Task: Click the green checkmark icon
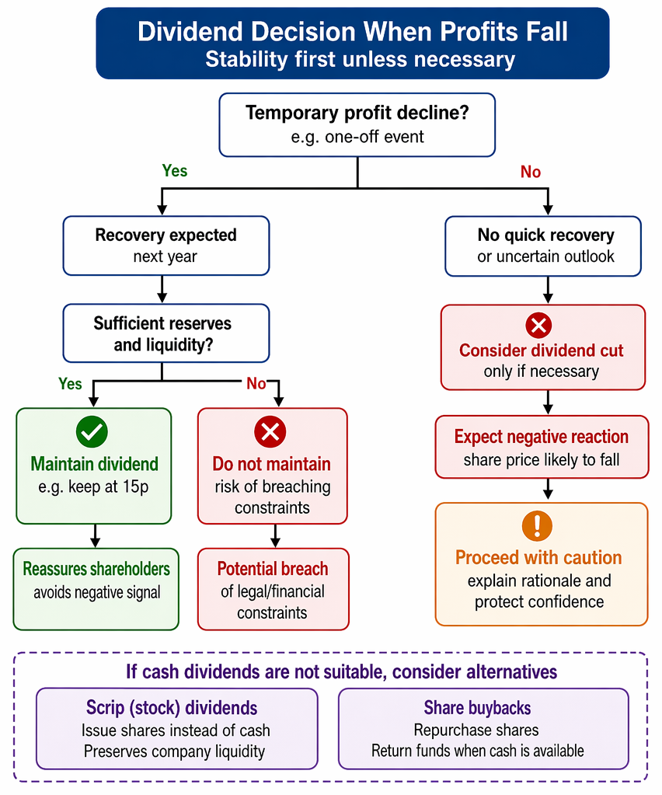92,431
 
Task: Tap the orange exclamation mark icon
537,526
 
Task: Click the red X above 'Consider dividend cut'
538,325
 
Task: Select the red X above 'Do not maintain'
270,432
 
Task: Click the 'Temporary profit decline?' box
357,124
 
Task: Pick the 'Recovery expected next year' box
166,246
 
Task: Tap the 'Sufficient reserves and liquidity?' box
166,333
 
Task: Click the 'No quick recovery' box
543,246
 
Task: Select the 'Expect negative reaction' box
542,447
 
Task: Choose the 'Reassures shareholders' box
96,589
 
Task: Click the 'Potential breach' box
274,589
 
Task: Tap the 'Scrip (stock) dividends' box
177,729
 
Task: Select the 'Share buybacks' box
483,729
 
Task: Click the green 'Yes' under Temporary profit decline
175,171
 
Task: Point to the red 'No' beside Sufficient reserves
256,383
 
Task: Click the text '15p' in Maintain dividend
135,486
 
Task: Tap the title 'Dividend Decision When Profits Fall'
353,31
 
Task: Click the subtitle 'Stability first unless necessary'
360,59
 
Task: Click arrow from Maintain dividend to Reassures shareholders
95,536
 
